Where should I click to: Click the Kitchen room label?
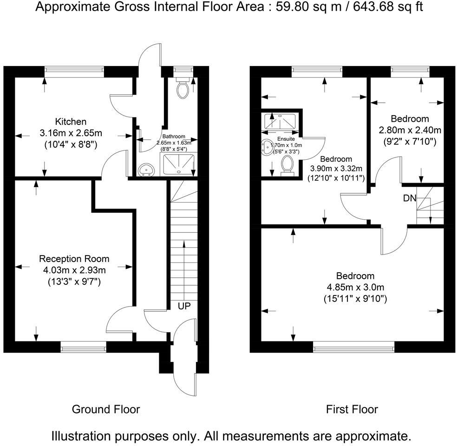click(x=71, y=121)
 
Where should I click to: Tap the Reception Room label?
click(x=74, y=259)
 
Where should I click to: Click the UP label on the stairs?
click(x=184, y=306)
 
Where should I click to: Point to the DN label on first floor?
click(x=410, y=198)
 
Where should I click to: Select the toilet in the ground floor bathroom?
click(x=183, y=87)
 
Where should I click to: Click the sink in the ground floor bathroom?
click(x=147, y=170)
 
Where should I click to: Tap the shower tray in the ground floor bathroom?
click(x=179, y=165)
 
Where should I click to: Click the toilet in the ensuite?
click(x=287, y=166)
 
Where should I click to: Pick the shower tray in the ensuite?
click(x=280, y=121)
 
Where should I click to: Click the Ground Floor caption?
click(x=106, y=409)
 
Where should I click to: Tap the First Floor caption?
click(x=352, y=409)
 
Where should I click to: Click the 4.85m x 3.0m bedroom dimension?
click(x=356, y=287)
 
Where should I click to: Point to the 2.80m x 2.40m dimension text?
click(x=410, y=130)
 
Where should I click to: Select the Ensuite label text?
click(x=286, y=139)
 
